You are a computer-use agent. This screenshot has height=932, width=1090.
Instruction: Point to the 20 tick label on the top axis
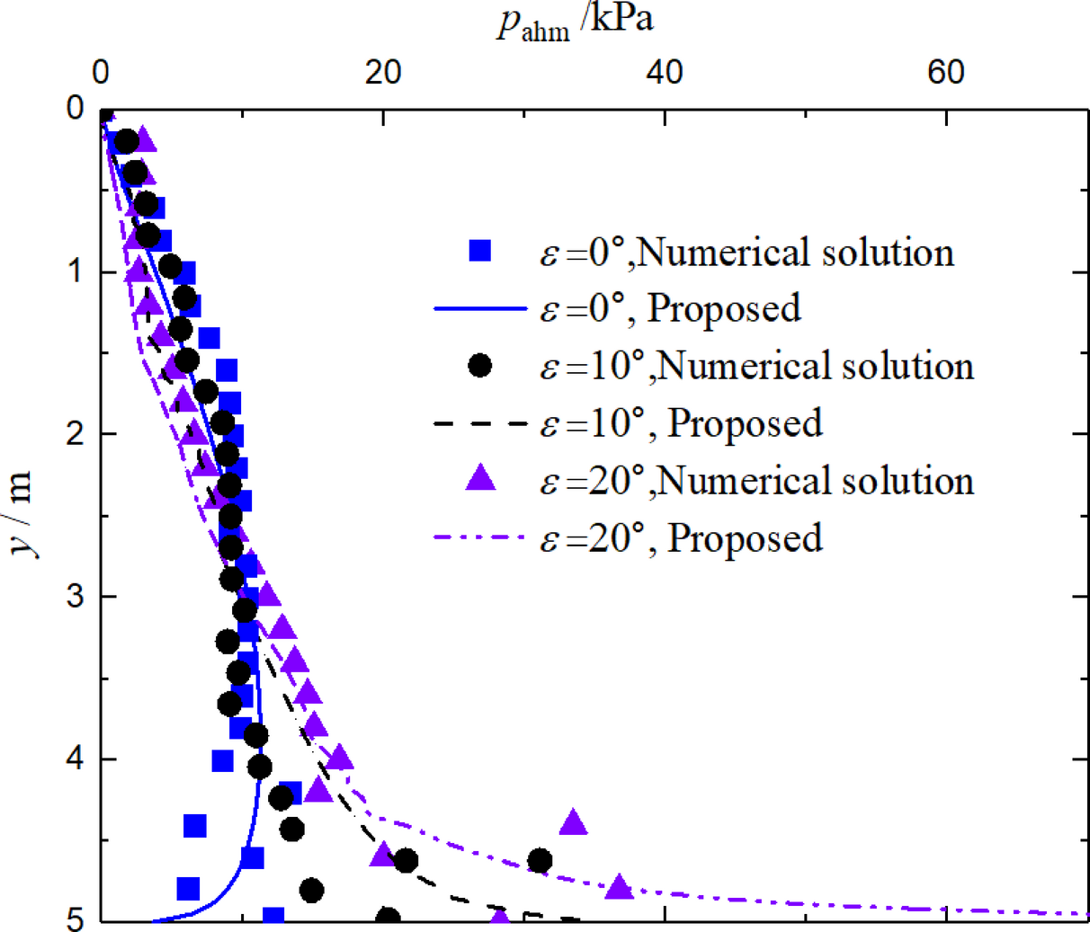click(383, 73)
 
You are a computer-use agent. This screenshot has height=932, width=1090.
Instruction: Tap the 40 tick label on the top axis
click(665, 73)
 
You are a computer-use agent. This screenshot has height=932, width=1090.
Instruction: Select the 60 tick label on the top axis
click(946, 73)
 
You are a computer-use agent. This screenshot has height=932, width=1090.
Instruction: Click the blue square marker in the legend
click(480, 251)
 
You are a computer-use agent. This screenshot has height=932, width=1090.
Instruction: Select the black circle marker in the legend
click(480, 366)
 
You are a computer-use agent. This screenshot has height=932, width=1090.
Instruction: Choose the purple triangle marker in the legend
click(480, 478)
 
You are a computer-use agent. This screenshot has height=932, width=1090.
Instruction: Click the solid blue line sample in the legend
click(479, 309)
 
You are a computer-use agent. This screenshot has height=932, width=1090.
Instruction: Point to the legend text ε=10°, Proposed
click(681, 423)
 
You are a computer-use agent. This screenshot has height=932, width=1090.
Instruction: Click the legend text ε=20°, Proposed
click(681, 538)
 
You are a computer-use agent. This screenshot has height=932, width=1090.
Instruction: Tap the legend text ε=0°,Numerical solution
click(746, 253)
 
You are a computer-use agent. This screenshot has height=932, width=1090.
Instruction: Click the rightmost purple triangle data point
click(619, 887)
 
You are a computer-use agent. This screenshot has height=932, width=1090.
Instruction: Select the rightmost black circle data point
click(540, 860)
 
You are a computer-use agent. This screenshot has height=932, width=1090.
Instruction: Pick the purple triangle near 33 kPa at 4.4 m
click(574, 821)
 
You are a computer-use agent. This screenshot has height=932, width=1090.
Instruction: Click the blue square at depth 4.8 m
click(188, 889)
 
